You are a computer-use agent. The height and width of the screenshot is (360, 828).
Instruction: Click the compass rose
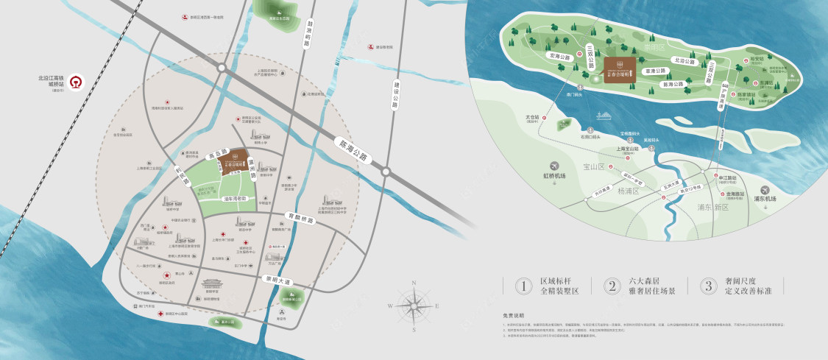coord(414,306)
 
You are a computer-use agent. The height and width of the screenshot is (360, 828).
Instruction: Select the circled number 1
coord(523,286)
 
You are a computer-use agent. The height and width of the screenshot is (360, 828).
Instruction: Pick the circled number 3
coord(708,286)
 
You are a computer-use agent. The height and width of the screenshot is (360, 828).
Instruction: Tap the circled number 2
coord(613,286)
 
